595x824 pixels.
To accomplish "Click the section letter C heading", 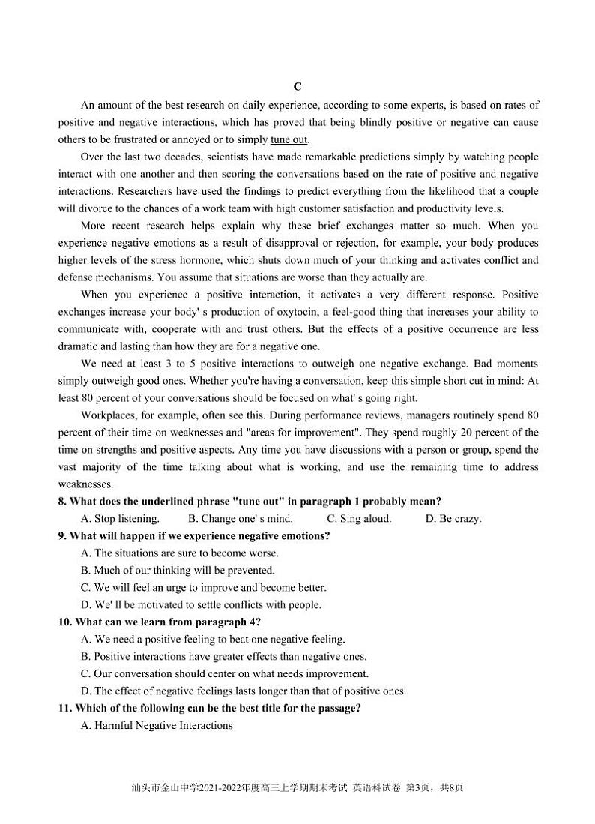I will coord(297,87).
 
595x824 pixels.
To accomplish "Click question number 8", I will coord(63,501).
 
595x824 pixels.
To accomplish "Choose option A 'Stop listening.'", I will coord(120,518).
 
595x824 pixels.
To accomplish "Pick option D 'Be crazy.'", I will coord(453,518).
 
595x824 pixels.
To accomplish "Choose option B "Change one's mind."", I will coord(241,518).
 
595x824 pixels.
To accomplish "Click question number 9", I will coord(63,535).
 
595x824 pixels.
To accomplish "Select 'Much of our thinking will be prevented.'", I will coord(178,570).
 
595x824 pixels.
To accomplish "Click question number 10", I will coord(66,622).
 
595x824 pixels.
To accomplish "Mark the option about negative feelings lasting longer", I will coord(243,691).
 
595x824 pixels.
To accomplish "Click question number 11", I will coord(66,708).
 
